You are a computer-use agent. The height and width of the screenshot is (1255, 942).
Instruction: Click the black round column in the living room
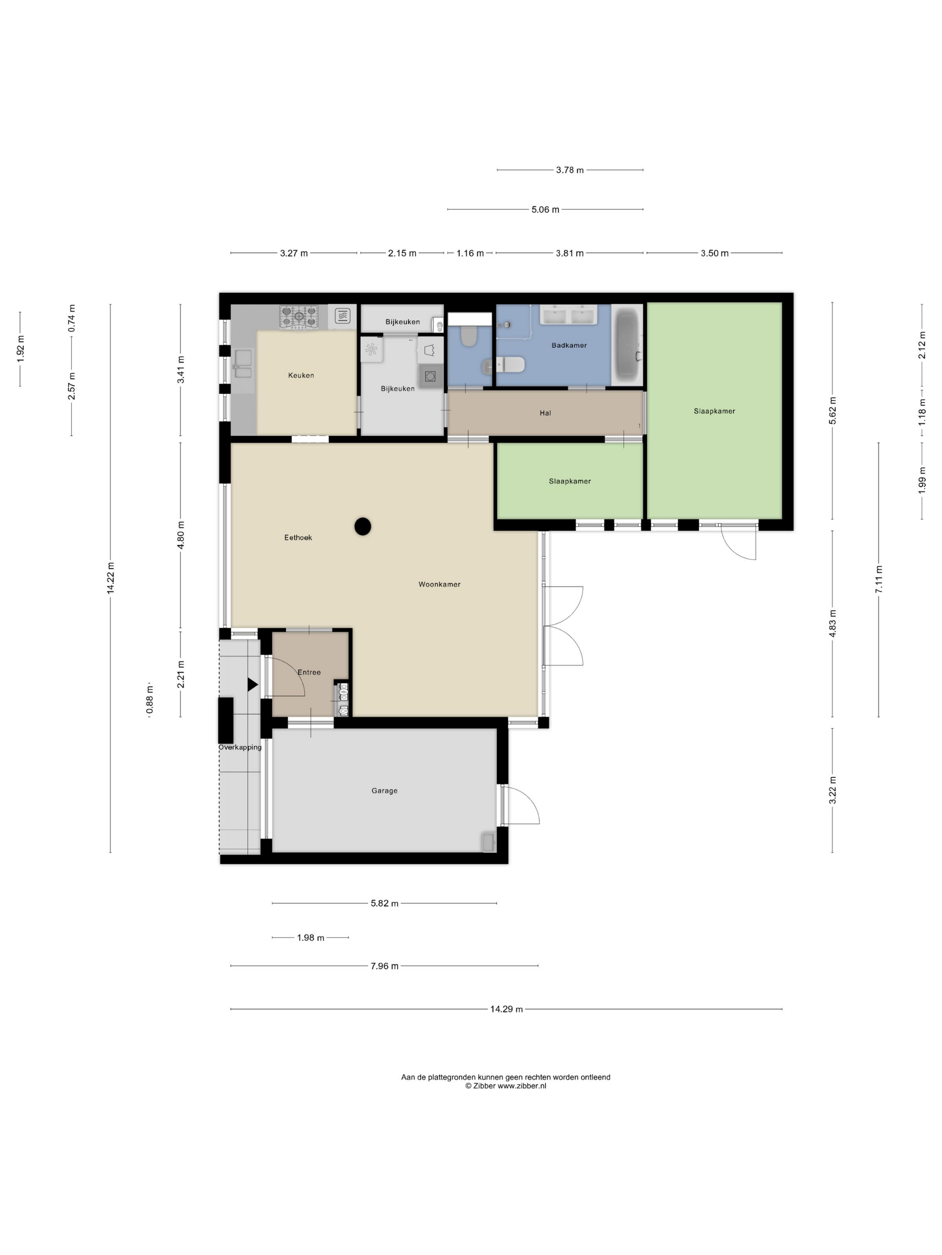click(x=363, y=527)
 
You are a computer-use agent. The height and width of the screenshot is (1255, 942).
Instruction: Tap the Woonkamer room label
click(x=439, y=584)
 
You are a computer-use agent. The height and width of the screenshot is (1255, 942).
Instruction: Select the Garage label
click(x=384, y=791)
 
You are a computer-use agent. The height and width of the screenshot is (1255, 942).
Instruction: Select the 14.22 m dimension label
click(x=111, y=578)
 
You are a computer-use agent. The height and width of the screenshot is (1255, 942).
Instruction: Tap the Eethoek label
click(x=298, y=538)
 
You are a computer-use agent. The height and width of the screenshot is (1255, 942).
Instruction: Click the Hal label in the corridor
click(x=545, y=413)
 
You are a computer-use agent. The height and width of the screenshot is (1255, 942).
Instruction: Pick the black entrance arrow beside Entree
click(x=252, y=685)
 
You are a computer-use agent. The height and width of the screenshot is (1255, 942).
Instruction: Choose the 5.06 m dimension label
click(x=545, y=210)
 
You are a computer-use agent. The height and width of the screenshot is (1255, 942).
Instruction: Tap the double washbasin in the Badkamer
click(x=568, y=315)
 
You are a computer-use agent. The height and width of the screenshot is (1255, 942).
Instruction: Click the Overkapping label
click(x=240, y=747)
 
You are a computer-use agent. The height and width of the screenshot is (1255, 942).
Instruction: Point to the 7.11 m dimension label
click(x=878, y=579)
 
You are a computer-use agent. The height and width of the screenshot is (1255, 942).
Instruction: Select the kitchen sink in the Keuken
click(x=243, y=364)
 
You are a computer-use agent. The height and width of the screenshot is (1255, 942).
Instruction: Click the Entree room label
click(x=309, y=672)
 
